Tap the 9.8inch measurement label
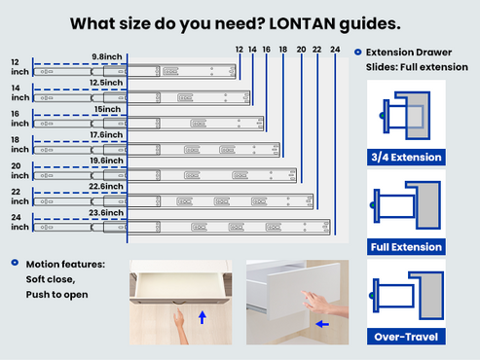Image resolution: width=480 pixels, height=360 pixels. tap(107, 57)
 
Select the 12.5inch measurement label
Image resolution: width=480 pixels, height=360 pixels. tap(106, 83)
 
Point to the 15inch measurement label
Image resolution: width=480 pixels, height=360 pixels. tap(110, 109)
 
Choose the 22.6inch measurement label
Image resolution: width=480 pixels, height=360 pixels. tap(106, 186)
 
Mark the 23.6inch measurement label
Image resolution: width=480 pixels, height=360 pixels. tap(106, 211)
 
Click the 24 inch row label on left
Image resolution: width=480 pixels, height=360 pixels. tap(19, 222)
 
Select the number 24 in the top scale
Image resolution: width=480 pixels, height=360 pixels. tap(334, 48)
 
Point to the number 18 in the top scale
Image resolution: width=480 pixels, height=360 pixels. tap(282, 48)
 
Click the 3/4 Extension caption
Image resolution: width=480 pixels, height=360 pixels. tap(406, 157)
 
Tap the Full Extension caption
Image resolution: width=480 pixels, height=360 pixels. tap(406, 247)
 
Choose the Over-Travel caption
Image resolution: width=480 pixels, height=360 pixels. tap(406, 338)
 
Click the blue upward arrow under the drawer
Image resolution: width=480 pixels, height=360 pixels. tap(202, 316)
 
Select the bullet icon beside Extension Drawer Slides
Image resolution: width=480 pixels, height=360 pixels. tap(357, 53)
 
